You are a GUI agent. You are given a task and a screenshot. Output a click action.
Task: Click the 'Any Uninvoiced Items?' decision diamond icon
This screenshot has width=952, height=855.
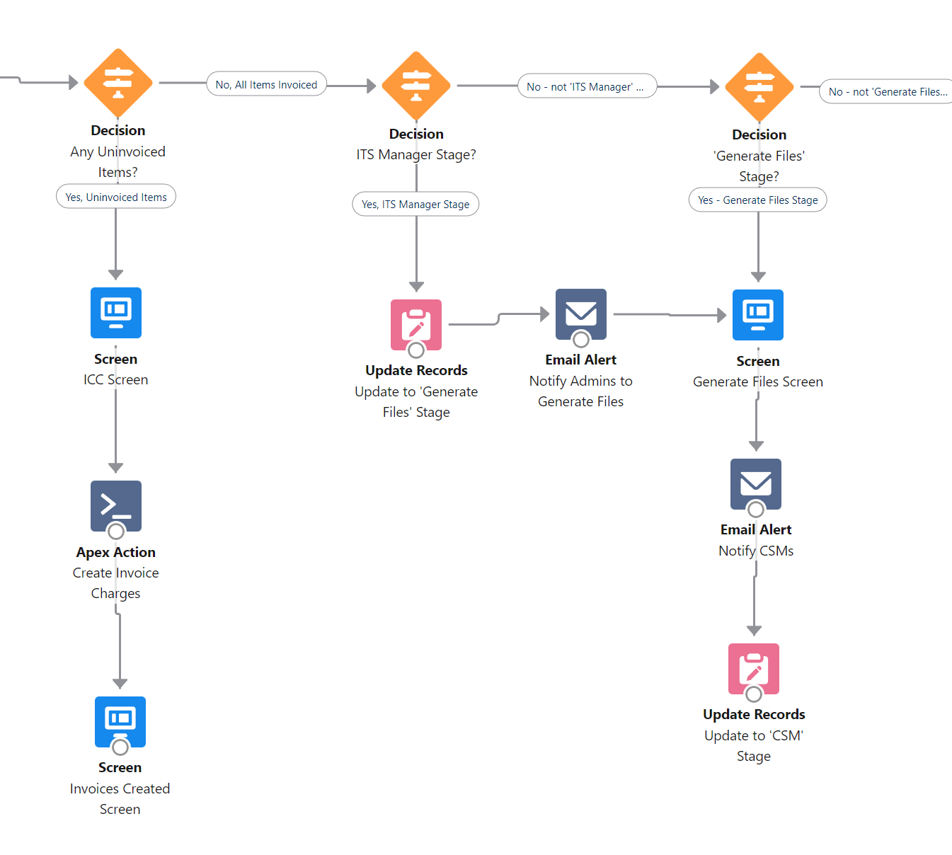(118, 83)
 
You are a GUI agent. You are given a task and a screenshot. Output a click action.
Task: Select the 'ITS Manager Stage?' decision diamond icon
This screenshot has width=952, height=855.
(416, 86)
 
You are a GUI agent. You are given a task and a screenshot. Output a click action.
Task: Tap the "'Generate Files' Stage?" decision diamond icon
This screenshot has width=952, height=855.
(759, 87)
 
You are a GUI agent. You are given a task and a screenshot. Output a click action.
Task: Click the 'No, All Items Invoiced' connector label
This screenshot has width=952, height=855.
(266, 84)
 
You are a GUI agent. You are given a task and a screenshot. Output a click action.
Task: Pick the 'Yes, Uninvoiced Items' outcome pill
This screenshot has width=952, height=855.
(116, 197)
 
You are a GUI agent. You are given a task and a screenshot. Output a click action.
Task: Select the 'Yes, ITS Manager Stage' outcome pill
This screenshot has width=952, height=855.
(415, 204)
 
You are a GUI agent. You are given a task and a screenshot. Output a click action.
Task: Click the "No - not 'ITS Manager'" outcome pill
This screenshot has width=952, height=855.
(587, 86)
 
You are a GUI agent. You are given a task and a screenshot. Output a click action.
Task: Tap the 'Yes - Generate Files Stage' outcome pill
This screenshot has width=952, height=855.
(757, 200)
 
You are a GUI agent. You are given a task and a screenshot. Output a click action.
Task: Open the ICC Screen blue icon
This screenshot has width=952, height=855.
(116, 313)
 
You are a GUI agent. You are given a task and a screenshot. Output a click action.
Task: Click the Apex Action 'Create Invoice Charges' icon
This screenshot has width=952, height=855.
(116, 506)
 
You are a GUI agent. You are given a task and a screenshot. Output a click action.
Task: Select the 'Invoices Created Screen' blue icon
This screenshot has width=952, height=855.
(120, 721)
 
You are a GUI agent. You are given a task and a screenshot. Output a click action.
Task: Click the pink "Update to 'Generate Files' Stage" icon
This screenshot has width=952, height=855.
(416, 324)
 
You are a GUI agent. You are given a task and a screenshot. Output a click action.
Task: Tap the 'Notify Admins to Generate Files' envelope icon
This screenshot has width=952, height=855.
(581, 314)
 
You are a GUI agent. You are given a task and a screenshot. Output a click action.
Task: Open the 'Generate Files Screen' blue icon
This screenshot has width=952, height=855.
(758, 314)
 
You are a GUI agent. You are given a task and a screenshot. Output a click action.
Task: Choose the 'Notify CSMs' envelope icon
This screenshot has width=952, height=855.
(756, 483)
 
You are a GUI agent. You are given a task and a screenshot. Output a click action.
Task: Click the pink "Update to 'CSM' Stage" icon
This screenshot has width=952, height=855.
(754, 668)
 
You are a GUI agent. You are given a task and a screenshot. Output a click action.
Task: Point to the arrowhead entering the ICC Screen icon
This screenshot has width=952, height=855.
(116, 275)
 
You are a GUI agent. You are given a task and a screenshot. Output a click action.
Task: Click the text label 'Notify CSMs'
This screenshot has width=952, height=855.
(756, 551)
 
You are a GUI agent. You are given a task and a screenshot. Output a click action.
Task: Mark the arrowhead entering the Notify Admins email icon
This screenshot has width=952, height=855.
(545, 314)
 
